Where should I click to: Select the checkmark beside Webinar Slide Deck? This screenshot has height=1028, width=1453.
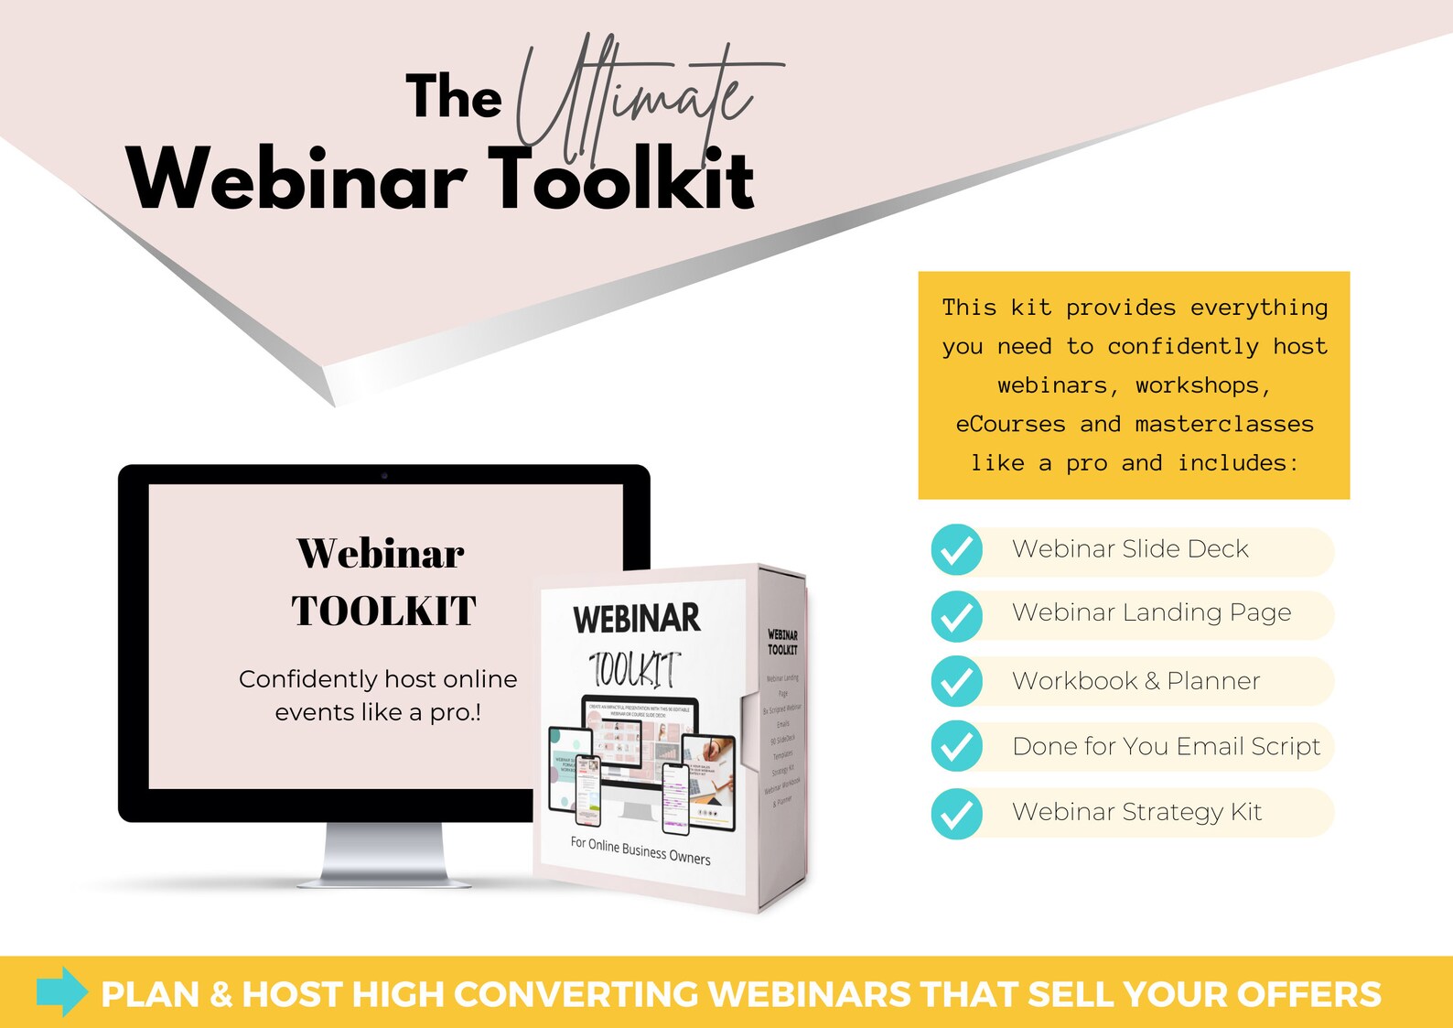pyautogui.click(x=956, y=549)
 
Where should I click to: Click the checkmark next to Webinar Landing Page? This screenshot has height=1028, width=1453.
pyautogui.click(x=956, y=615)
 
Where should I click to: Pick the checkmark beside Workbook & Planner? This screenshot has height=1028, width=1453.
pyautogui.click(x=956, y=681)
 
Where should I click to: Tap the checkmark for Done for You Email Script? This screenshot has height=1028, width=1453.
pyautogui.click(x=956, y=746)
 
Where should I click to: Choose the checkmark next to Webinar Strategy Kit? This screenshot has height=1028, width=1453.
pyautogui.click(x=956, y=813)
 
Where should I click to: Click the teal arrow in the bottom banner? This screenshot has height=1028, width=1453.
pyautogui.click(x=62, y=991)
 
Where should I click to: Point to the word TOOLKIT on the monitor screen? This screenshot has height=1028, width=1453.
pyautogui.click(x=384, y=611)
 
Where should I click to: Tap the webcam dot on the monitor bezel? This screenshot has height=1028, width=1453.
pyautogui.click(x=384, y=475)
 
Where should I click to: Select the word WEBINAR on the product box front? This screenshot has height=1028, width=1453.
pyautogui.click(x=637, y=619)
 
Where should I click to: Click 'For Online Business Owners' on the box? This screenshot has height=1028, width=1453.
pyautogui.click(x=640, y=850)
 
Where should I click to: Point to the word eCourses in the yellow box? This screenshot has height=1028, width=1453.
pyautogui.click(x=1010, y=424)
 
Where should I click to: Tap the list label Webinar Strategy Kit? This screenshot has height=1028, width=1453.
pyautogui.click(x=1136, y=812)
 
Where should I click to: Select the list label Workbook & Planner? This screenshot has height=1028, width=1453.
pyautogui.click(x=1135, y=681)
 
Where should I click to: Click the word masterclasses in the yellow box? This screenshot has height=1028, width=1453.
pyautogui.click(x=1223, y=424)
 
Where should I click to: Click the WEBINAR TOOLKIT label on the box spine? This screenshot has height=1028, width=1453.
pyautogui.click(x=782, y=642)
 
